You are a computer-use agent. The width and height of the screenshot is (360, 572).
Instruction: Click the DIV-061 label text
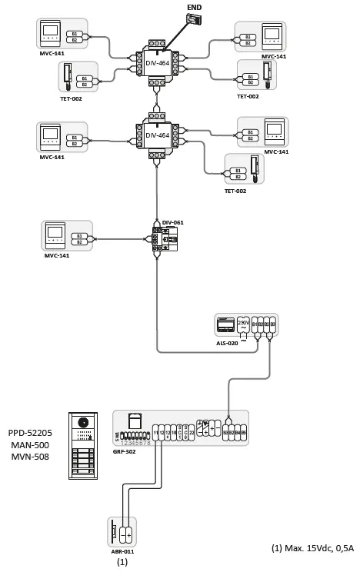tap(173, 222)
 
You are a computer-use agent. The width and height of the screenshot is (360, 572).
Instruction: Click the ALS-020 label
tap(227, 343)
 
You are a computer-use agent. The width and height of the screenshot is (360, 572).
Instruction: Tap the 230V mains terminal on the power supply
tap(244, 326)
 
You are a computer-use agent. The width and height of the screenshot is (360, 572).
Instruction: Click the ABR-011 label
tap(122, 551)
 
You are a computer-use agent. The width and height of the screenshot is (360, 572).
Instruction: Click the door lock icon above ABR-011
tap(114, 532)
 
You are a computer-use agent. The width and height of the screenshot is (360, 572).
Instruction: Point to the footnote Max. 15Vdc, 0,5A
tap(312, 548)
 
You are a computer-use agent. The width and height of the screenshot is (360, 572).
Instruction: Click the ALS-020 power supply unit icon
tap(226, 324)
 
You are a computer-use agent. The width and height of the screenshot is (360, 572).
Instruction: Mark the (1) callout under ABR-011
tap(121, 563)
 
